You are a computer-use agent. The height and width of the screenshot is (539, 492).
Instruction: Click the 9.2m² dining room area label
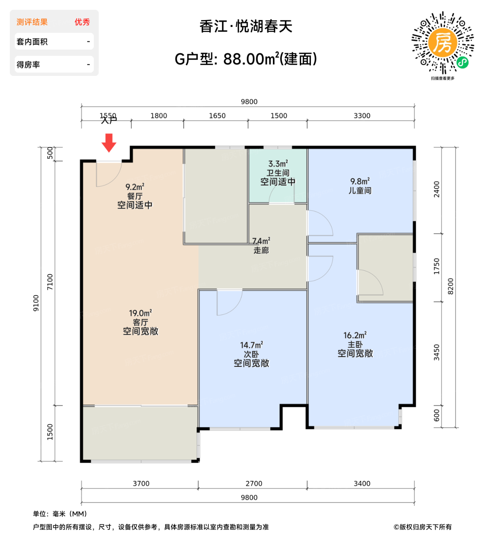point(135,187)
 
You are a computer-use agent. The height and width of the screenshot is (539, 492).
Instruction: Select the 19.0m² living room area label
point(140,313)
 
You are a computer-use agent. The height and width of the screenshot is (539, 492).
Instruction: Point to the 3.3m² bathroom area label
point(278,164)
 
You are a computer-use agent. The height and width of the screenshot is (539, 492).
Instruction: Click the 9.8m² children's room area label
point(360,181)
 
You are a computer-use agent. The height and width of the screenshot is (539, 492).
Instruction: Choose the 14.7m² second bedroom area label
point(251,345)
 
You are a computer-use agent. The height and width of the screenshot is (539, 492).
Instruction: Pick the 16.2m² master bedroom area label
point(355,335)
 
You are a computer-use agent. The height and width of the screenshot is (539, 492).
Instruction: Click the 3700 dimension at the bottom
point(141,484)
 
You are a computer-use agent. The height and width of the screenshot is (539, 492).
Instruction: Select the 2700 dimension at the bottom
point(254,484)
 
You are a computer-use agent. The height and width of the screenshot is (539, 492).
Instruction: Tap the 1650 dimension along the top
point(217,116)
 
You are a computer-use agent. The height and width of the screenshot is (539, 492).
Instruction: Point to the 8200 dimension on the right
point(450,286)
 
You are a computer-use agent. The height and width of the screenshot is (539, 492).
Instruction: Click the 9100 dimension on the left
point(36,303)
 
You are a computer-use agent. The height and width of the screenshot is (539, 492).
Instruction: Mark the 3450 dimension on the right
point(437,352)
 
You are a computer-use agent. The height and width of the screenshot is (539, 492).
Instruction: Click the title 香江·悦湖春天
point(246,27)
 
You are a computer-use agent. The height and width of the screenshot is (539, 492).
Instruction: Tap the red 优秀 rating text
point(82,22)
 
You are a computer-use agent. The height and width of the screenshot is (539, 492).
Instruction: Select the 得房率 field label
point(28,65)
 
